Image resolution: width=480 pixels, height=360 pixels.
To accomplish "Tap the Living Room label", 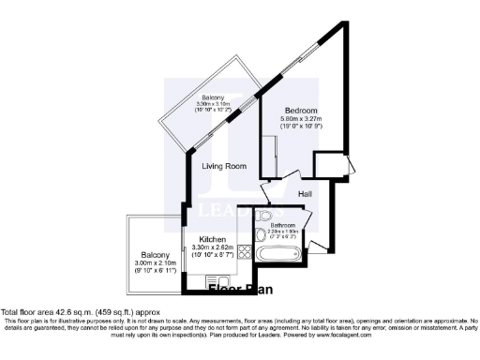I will (224, 166).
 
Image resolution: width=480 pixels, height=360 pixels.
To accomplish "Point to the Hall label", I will (305, 194).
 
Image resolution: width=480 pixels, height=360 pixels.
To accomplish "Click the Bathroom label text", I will (283, 225).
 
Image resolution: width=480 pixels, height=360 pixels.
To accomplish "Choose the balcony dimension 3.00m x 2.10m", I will (154, 264).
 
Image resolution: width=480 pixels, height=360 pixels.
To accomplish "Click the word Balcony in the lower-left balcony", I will (155, 255).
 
